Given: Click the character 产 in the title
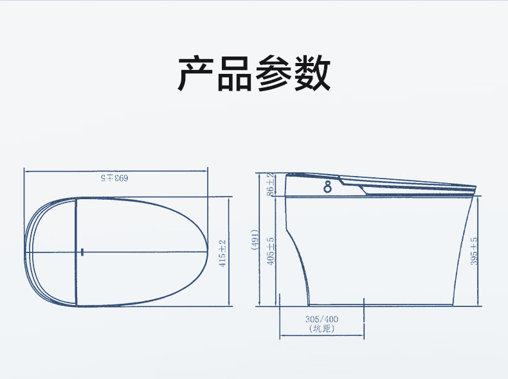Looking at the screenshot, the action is (195, 74).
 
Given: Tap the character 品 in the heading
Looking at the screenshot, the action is (234, 74).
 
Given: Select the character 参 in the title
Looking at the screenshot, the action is (273, 74).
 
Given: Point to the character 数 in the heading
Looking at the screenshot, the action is (312, 74).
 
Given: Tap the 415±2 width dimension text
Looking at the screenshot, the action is (222, 253).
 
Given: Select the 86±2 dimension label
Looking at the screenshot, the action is (270, 184).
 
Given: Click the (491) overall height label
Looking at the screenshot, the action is (255, 242).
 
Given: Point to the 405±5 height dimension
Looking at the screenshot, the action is (271, 251).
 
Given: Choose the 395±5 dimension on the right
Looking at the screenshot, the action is (474, 251).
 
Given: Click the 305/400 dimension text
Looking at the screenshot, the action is (322, 319).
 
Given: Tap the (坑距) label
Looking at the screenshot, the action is (322, 329).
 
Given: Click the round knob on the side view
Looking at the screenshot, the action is (328, 187).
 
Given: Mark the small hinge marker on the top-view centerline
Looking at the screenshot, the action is (82, 251).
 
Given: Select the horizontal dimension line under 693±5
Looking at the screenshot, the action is (116, 170).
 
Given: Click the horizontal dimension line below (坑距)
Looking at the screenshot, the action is (322, 336).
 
